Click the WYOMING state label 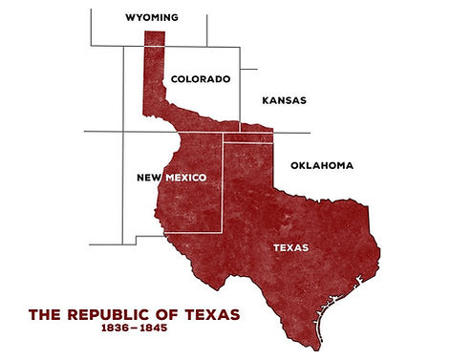pyautogui.click(x=152, y=17)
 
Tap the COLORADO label pyautogui.click(x=201, y=79)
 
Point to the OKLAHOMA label pyautogui.click(x=322, y=165)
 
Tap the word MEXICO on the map pyautogui.click(x=187, y=177)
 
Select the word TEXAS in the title pyautogui.click(x=211, y=313)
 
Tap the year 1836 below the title pyautogui.click(x=117, y=329)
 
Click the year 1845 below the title pyautogui.click(x=152, y=329)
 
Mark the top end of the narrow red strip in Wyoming pyautogui.click(x=154, y=33)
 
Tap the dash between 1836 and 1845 pyautogui.click(x=134, y=329)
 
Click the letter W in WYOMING pyautogui.click(x=131, y=17)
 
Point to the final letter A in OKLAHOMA pyautogui.click(x=350, y=165)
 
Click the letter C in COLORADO pyautogui.click(x=175, y=79)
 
